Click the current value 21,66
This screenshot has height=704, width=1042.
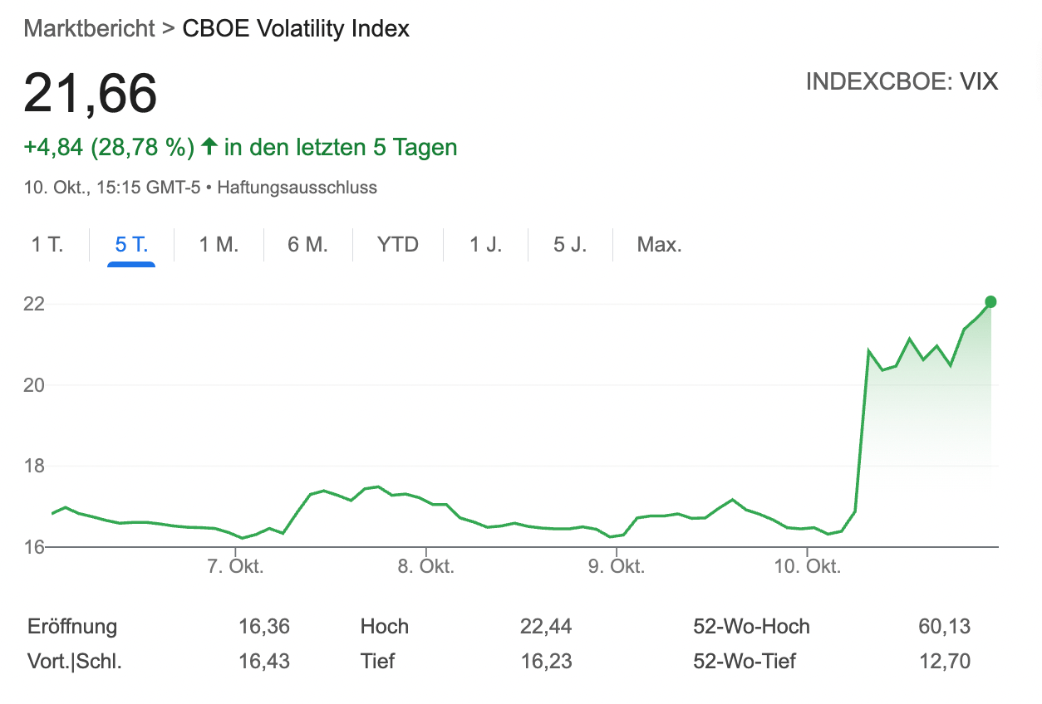point(90,93)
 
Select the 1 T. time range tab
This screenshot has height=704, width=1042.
point(47,245)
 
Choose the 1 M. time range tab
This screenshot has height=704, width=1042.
point(219,245)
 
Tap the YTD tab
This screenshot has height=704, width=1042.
point(398,245)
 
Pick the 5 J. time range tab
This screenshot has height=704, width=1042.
point(569,245)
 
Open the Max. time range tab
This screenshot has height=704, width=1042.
point(659,245)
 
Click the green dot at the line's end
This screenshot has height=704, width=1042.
point(990,302)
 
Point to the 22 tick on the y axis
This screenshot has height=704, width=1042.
point(33,304)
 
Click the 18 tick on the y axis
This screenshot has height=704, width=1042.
point(33,467)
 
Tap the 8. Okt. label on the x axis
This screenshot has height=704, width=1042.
point(425,567)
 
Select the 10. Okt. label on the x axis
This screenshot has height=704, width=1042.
point(807,567)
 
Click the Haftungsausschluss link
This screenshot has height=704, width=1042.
point(297,188)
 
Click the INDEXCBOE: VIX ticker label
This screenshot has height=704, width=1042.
point(902,82)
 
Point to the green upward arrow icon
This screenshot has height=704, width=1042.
point(209,147)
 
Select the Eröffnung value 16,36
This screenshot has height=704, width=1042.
point(263,627)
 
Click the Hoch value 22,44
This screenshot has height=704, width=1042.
point(546,627)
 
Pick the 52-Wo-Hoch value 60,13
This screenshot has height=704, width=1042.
point(944,627)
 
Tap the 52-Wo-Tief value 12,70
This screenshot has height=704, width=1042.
point(944,662)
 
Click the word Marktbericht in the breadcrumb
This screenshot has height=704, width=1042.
point(90,28)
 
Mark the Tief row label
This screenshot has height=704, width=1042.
point(377,662)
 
